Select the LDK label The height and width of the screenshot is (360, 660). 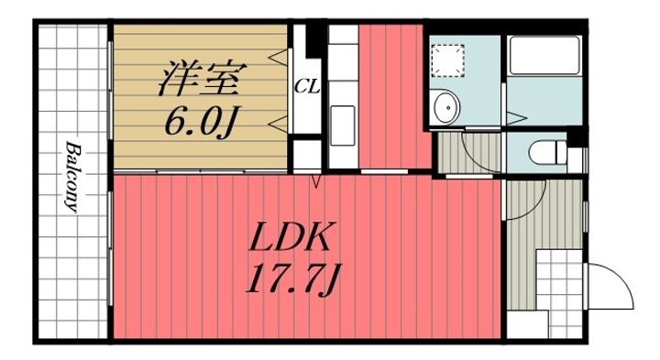click(x=289, y=236)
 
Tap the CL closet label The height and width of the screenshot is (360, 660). click(x=306, y=87)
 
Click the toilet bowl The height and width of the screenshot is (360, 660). click(x=547, y=152)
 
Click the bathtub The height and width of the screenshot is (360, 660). click(x=544, y=56)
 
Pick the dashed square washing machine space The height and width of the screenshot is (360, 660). click(x=448, y=60)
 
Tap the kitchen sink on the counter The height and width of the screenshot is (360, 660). click(x=343, y=125)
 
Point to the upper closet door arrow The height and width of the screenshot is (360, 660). click(x=280, y=57)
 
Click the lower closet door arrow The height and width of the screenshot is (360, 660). click(x=280, y=124)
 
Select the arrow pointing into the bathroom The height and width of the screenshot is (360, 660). click(x=516, y=117)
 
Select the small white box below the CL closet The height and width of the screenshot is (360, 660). click(x=307, y=154)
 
